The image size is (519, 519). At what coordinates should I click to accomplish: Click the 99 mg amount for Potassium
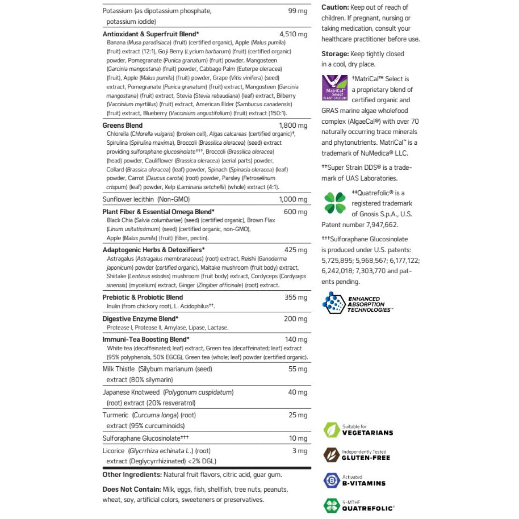[298, 11]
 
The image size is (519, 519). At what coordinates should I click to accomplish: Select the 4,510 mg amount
[294, 35]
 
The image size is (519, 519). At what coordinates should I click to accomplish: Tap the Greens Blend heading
[123, 125]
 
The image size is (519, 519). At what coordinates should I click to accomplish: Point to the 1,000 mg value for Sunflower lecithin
[293, 199]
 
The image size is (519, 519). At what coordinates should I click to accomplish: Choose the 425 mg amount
[296, 249]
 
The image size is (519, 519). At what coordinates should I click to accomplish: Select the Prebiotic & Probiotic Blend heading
[143, 297]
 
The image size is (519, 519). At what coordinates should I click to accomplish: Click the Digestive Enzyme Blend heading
[140, 319]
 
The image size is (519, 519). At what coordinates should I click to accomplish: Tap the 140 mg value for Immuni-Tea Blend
[296, 340]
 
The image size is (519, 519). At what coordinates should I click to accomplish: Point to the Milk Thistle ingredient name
[118, 369]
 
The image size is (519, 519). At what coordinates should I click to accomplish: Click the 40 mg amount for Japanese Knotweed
[298, 392]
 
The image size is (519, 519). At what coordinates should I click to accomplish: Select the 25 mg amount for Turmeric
[298, 416]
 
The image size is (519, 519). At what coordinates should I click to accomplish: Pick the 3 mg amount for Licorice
[300, 451]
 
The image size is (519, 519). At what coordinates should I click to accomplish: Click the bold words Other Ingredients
[132, 475]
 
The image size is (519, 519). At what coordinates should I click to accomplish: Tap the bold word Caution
[335, 7]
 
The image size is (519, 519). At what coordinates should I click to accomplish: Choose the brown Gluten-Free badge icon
[331, 455]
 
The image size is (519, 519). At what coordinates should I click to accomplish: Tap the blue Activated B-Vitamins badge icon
[331, 480]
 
